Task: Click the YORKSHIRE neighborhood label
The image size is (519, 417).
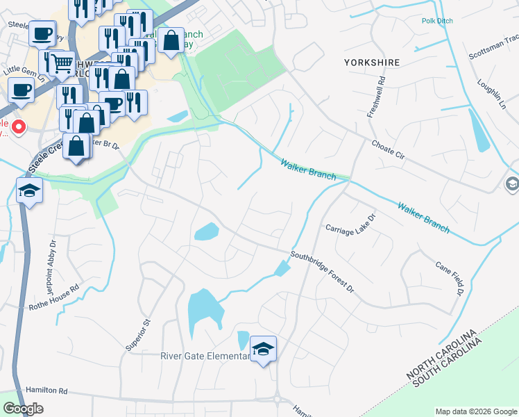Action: coord(372,63)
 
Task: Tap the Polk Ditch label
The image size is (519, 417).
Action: coord(437,21)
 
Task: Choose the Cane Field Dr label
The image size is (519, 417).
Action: coord(449,277)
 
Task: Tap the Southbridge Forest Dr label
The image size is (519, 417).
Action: coord(322,270)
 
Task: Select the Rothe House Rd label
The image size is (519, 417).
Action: coord(55,296)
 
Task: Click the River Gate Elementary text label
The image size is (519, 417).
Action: coord(205,357)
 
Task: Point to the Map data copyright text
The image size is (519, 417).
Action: coord(475,411)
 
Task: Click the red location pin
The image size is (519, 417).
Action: coord(18,127)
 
